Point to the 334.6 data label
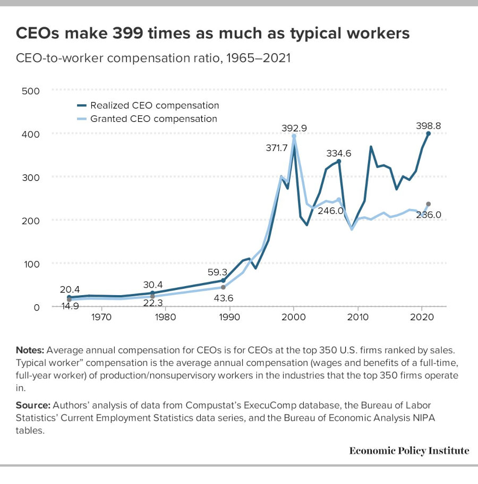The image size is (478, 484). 339,154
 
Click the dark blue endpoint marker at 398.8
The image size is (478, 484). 428,133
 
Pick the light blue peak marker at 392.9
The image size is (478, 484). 294,136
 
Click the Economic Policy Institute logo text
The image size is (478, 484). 409,450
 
